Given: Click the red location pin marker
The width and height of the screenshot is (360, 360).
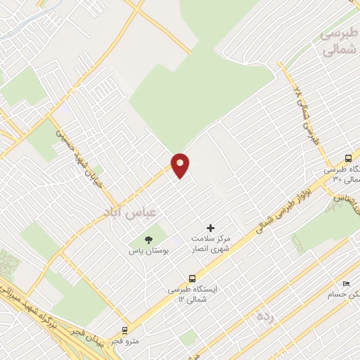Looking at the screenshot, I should coord(181,165).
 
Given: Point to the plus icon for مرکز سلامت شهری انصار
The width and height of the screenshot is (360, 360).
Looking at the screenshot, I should coord(210,228).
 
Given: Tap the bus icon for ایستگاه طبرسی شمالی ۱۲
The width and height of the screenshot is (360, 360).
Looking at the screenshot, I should coord(192,278).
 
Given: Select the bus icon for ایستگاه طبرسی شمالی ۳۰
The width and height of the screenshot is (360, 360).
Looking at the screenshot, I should coord(349,158).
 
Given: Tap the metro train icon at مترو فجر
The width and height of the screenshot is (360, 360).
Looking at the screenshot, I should coord(125,330).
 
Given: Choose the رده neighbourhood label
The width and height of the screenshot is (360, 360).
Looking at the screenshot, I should coord(264,316).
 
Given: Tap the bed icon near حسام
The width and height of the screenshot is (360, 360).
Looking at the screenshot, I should coord(345,283).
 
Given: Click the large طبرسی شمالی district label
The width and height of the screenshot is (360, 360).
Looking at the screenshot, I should coord(338,43).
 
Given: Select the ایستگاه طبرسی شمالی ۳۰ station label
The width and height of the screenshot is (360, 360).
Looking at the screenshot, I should coord(341,174).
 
